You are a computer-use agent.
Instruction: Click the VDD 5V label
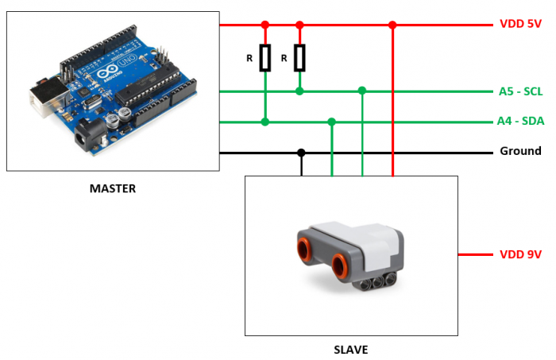click(x=520, y=24)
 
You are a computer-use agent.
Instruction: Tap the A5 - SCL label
click(x=520, y=91)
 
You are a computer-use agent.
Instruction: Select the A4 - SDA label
click(x=520, y=122)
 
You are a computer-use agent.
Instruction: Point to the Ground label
click(x=520, y=151)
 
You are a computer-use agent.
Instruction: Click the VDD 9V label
click(x=520, y=254)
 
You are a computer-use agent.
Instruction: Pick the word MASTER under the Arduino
click(x=112, y=188)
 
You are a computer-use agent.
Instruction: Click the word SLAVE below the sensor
click(x=351, y=349)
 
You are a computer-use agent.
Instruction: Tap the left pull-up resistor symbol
click(x=265, y=58)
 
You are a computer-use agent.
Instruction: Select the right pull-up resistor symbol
click(x=299, y=58)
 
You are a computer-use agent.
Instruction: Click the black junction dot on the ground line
click(x=301, y=152)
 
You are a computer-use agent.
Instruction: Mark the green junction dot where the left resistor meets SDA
click(x=265, y=122)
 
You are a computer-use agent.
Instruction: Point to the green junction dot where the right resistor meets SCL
click(x=299, y=91)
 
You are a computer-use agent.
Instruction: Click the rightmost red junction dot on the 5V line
click(x=392, y=25)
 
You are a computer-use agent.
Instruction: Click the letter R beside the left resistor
click(x=249, y=58)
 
